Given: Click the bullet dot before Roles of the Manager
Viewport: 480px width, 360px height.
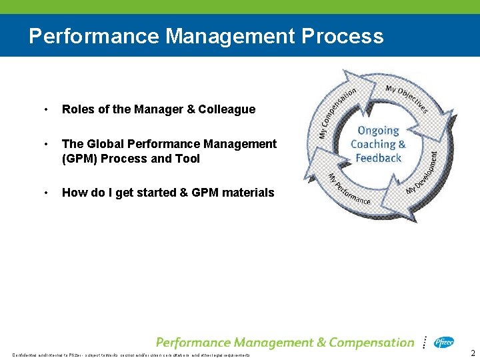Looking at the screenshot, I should click(45, 109).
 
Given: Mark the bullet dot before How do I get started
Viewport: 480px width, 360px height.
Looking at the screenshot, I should click(45, 193).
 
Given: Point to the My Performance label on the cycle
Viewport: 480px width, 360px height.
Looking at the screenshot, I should click(348, 191).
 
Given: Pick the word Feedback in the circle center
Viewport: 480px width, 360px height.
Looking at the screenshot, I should click(378, 158).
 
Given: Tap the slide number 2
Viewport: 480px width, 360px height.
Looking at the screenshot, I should click(473, 353).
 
